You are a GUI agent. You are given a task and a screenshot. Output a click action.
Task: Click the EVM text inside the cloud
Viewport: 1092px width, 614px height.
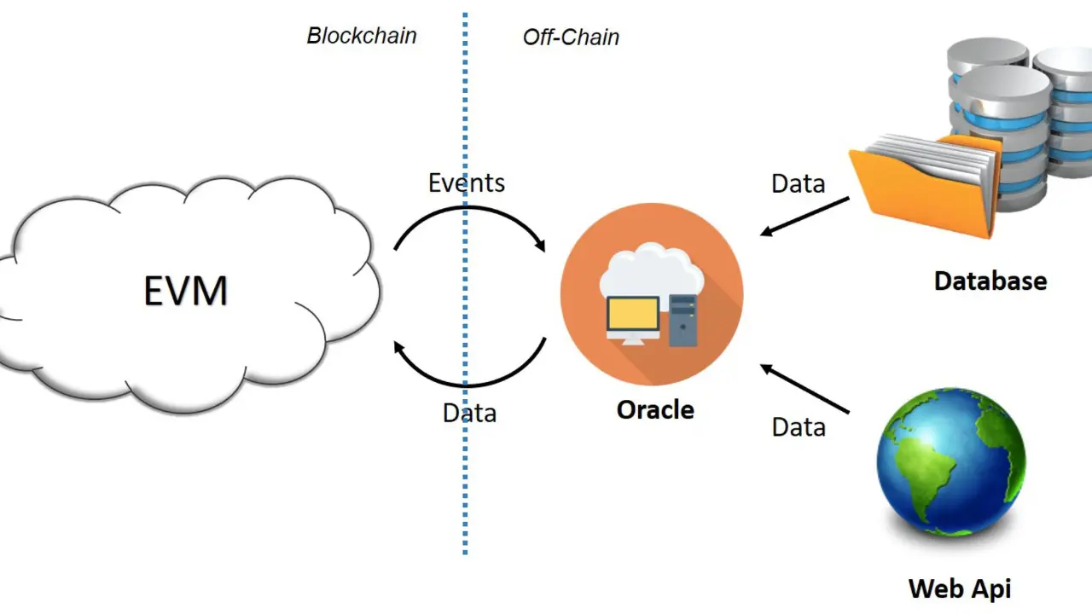pyautogui.click(x=185, y=292)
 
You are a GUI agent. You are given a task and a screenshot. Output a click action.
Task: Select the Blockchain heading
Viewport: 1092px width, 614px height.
pyautogui.click(x=362, y=36)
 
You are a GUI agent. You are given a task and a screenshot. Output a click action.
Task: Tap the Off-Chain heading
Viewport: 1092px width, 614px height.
pyautogui.click(x=571, y=38)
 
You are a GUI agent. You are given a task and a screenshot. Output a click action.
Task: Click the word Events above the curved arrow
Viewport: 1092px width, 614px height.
pyautogui.click(x=466, y=182)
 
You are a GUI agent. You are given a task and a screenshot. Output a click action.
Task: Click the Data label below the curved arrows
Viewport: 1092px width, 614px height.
pyautogui.click(x=469, y=413)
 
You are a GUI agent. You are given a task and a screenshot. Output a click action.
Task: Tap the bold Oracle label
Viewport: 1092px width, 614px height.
pyautogui.click(x=655, y=409)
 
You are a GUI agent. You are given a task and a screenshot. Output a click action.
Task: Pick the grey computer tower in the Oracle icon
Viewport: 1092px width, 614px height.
pyautogui.click(x=682, y=320)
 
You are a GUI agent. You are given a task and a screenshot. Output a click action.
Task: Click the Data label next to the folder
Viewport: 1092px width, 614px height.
pyautogui.click(x=798, y=183)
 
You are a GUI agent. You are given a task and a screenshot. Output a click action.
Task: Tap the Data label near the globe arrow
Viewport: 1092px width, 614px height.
pyautogui.click(x=799, y=426)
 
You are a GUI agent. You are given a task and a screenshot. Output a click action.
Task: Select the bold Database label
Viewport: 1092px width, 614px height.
pyautogui.click(x=990, y=281)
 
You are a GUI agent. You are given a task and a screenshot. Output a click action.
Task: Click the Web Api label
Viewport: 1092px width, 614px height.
pyautogui.click(x=960, y=588)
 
